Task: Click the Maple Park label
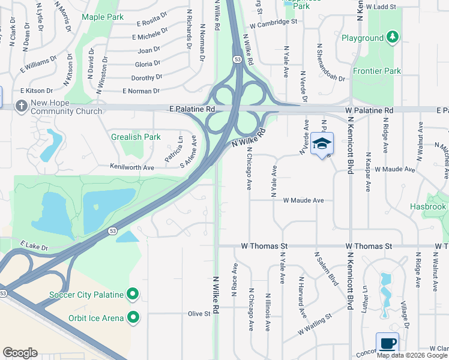click(x=102, y=17)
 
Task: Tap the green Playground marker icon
click(x=393, y=38)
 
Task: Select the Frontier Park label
click(x=376, y=71)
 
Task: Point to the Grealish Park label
click(x=136, y=137)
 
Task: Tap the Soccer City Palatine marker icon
click(x=133, y=295)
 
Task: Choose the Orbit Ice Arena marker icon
click(x=133, y=317)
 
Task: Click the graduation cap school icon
click(x=322, y=144)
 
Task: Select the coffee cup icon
click(x=387, y=344)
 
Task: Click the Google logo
click(x=20, y=353)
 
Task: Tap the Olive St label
click(x=199, y=314)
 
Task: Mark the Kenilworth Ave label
click(x=132, y=166)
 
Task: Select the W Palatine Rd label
click(x=369, y=111)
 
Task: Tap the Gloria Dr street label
click(x=148, y=64)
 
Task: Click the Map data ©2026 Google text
click(x=411, y=355)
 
